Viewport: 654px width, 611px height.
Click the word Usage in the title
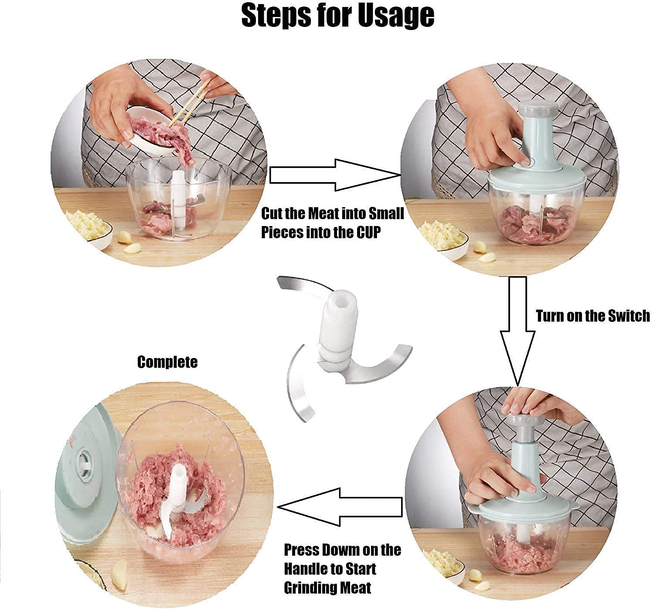(396, 16)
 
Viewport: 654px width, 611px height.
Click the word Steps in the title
(276, 16)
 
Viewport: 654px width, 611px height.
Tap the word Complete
(167, 362)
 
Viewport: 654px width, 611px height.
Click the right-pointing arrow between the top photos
(335, 175)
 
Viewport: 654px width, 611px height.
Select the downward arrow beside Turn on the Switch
(518, 331)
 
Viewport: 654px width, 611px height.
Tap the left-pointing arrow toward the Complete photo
(340, 507)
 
